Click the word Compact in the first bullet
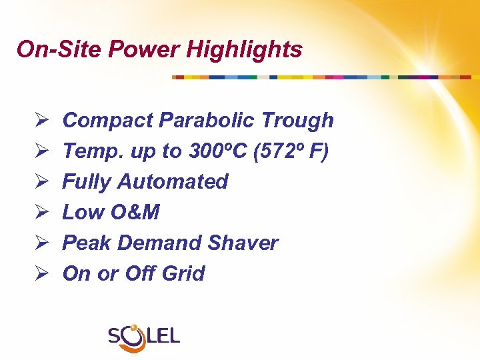tap(108, 121)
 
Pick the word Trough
tap(297, 121)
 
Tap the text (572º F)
tap(292, 151)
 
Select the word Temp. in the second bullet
tap(88, 151)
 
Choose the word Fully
tap(87, 182)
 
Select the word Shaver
tap(243, 243)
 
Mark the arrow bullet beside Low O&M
tap(38, 213)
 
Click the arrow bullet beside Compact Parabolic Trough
tap(38, 121)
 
